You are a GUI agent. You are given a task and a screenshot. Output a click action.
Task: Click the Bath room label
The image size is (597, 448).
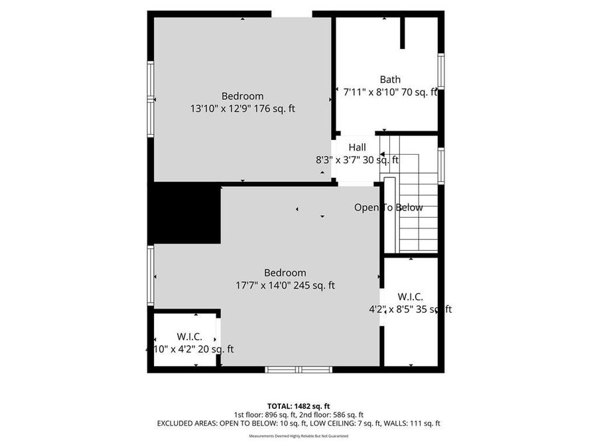coord(390,80)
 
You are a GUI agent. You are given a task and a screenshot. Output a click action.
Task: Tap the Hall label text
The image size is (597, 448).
coord(357,147)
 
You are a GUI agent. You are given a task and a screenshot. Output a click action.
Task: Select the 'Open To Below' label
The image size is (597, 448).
coord(388,208)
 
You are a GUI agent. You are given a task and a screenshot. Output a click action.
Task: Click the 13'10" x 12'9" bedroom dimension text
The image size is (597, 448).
coord(242,109)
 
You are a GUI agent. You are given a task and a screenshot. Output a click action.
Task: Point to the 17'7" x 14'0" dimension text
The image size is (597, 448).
coord(285,285)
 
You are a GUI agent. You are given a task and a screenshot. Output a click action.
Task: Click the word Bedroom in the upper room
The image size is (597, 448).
coord(242,96)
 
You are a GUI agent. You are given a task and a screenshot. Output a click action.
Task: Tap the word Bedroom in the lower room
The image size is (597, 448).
coord(285,273)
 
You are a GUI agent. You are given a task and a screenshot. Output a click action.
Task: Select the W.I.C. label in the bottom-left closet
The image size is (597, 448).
coord(189,336)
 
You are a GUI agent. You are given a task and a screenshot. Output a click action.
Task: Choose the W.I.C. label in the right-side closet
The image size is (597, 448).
coord(410,297)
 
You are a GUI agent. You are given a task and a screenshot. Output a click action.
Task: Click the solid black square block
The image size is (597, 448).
coord(184,214)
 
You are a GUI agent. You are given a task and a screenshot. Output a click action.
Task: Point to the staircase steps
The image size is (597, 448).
coord(418,212)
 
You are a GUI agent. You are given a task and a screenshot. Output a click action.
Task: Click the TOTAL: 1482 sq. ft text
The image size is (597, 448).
coord(298,406)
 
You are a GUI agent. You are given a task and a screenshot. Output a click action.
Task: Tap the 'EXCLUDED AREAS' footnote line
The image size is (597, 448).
coord(298,423)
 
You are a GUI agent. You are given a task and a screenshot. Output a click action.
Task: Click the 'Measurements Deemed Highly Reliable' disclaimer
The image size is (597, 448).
coord(298,436)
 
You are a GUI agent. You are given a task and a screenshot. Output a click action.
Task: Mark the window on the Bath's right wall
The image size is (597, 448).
coord(441,70)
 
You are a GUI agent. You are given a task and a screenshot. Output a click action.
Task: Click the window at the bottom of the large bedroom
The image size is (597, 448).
coord(298,369)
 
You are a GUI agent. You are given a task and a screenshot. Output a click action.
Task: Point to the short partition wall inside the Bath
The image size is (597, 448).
coord(402,33)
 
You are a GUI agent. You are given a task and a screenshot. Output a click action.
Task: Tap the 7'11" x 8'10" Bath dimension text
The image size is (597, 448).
coord(390,93)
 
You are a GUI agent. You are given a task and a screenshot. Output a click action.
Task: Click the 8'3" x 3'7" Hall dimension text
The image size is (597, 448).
coord(357,160)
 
